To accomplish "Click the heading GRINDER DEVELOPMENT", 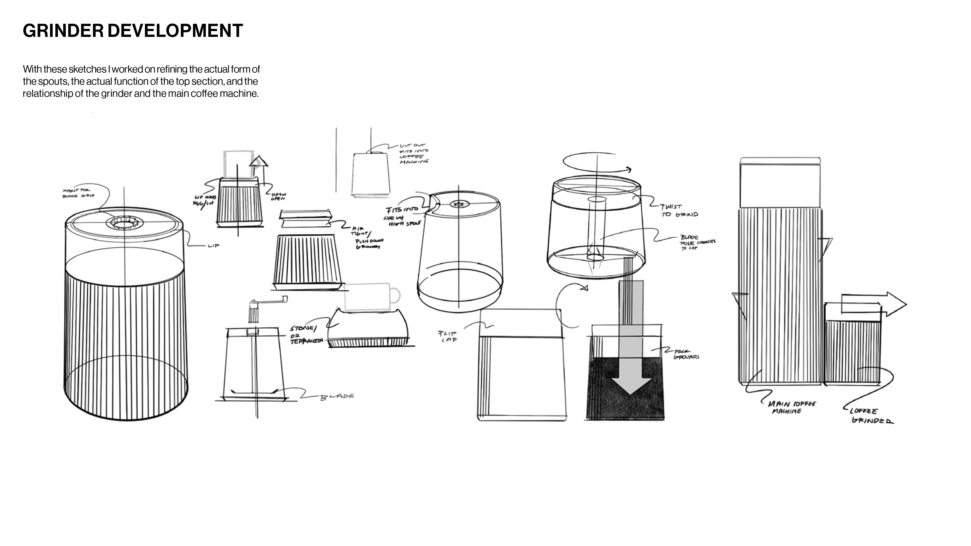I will (133, 31).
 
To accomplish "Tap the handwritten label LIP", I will (213, 246).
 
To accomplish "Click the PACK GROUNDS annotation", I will (686, 354).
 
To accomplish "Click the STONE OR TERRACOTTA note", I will (305, 335).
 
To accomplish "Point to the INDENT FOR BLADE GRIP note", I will (78, 193).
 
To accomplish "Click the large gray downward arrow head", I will (630, 384).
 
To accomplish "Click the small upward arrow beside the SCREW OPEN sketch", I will (259, 162).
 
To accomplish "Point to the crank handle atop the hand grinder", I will (268, 300).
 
